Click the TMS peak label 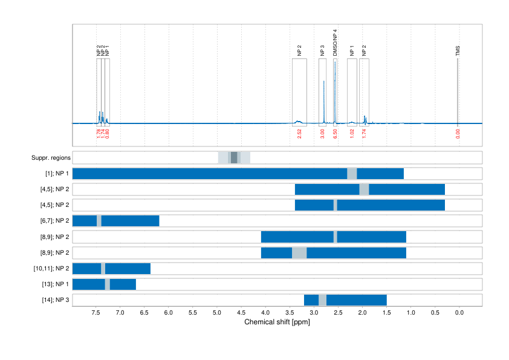click(458, 51)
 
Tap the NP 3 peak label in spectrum click(323, 51)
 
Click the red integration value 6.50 click(336, 134)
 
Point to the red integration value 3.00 click(323, 134)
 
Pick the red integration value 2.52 click(299, 134)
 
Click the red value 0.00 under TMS click(458, 134)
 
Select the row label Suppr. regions click(51, 158)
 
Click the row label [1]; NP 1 click(56, 174)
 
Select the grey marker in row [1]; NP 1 click(352, 174)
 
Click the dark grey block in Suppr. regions click(234, 158)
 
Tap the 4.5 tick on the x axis click(241, 313)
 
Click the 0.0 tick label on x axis click(458, 313)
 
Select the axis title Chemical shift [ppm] click(277, 322)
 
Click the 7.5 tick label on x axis click(96, 313)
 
